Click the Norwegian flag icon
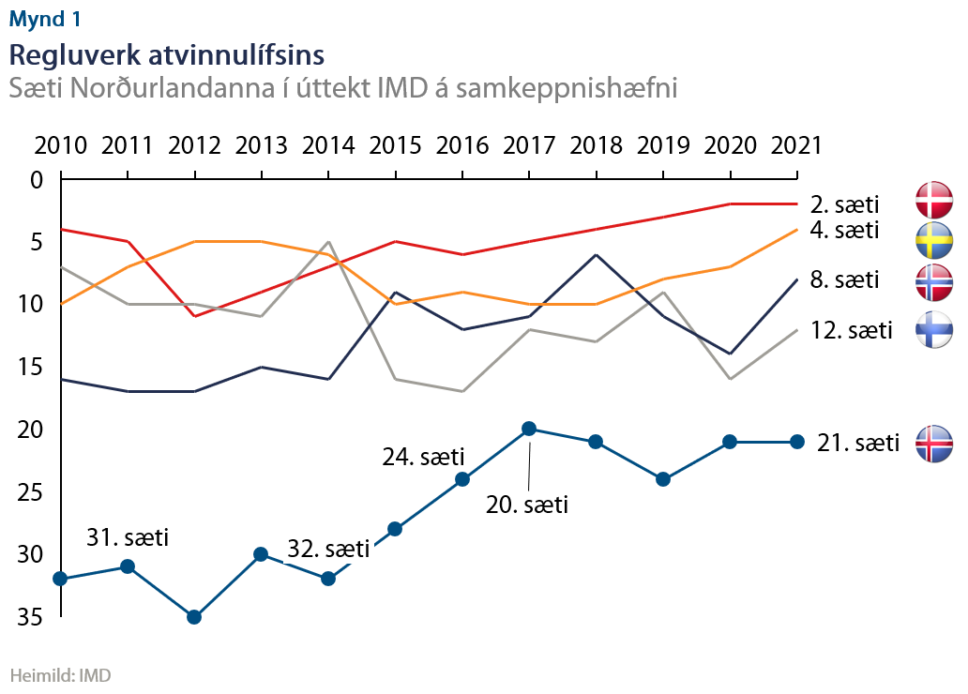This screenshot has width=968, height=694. (934, 280)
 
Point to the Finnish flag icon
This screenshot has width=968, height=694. (934, 329)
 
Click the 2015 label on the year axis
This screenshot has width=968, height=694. (396, 145)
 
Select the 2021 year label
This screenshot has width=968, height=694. (795, 145)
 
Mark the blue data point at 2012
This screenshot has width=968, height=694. (194, 617)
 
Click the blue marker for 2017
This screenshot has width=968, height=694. (529, 429)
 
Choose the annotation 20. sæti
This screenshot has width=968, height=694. (527, 505)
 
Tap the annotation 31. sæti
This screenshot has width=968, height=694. (128, 538)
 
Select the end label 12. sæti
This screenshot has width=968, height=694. (852, 329)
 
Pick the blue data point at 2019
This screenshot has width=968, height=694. (663, 479)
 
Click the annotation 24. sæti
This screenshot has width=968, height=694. (424, 458)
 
